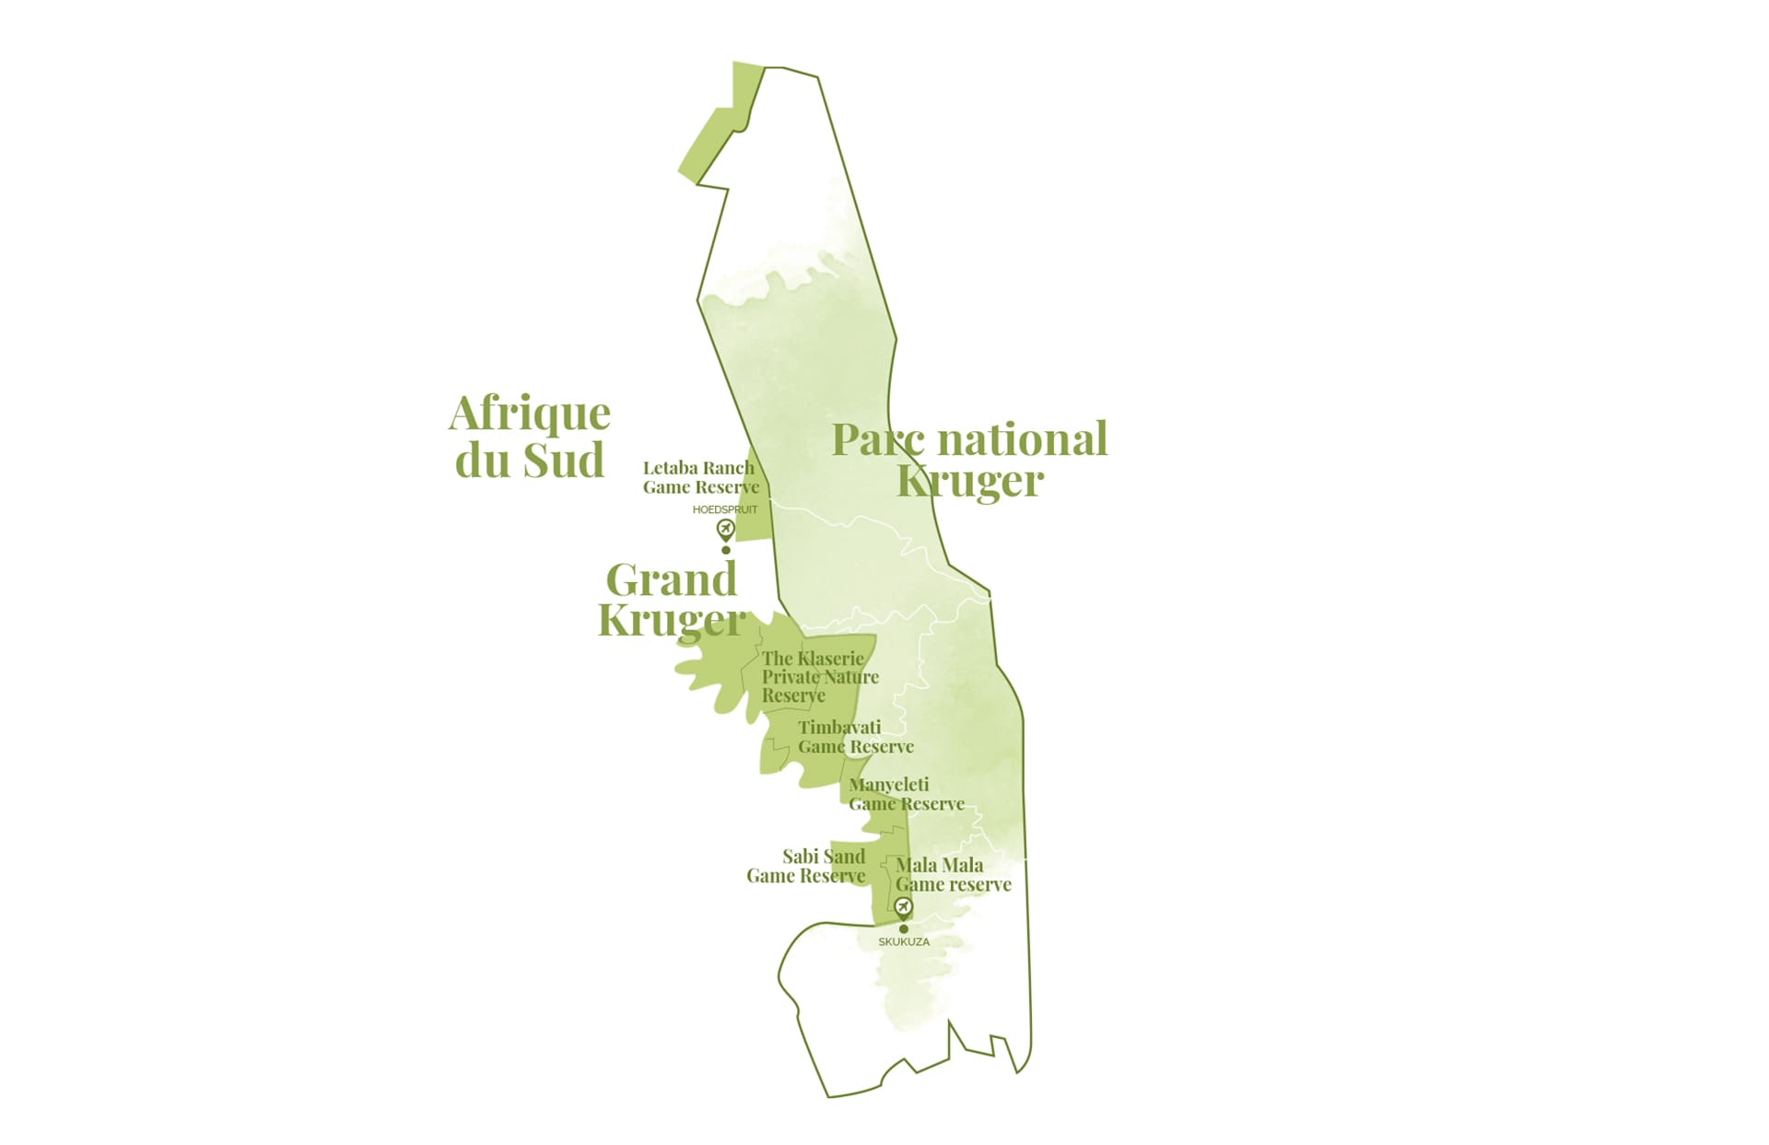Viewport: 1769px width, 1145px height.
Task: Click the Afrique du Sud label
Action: tap(530, 437)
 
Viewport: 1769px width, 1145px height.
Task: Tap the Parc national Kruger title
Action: tap(969, 459)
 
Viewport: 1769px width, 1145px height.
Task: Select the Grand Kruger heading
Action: tap(672, 600)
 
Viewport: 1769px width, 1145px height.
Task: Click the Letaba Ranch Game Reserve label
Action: tap(700, 477)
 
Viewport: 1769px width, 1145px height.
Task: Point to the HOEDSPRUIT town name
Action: tap(725, 509)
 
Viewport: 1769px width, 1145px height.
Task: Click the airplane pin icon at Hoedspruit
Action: tap(726, 529)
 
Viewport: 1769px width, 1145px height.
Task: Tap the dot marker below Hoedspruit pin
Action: tap(726, 550)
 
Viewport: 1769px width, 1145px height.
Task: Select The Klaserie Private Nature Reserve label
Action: tap(818, 677)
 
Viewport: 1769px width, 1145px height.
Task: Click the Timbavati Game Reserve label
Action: tap(855, 737)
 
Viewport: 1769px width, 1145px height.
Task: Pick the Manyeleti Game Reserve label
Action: tap(906, 794)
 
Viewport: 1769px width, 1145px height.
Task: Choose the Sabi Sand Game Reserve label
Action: tap(806, 866)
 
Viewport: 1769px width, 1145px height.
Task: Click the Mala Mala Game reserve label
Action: tap(953, 875)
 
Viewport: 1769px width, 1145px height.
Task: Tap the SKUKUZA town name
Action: tap(904, 942)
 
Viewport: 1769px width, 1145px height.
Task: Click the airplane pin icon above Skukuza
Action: tap(904, 907)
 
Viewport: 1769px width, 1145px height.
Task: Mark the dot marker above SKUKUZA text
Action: tap(904, 929)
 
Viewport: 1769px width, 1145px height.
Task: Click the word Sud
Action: tap(567, 460)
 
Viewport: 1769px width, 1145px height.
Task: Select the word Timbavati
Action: tap(839, 728)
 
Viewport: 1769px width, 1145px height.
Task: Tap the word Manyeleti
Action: tap(889, 785)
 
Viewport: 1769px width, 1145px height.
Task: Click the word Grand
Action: tap(672, 580)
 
